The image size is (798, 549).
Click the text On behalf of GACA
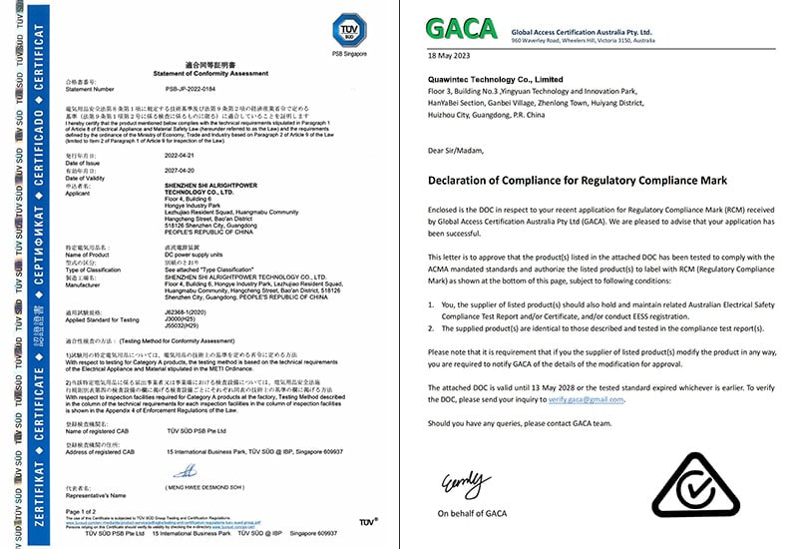pyautogui.click(x=471, y=513)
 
